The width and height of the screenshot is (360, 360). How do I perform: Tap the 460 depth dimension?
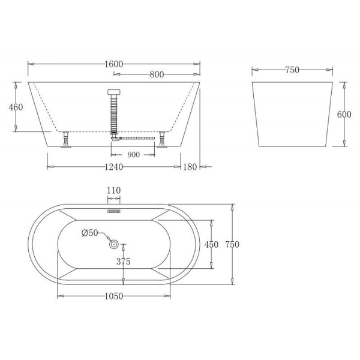point(16,107)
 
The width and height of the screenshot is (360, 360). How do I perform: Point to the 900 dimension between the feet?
point(133,155)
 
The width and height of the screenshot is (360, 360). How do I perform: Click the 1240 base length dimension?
point(114,166)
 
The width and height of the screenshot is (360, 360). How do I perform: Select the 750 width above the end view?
point(292,70)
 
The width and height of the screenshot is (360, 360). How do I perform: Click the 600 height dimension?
point(344,115)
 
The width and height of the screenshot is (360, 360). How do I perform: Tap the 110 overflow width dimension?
point(114,191)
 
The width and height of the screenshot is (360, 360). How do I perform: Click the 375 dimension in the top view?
point(124,262)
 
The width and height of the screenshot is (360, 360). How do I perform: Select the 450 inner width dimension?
point(211,245)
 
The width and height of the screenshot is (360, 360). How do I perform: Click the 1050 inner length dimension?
point(114,296)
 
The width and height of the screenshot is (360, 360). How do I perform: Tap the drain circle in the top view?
point(114,244)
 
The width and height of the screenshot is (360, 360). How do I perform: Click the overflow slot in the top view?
point(114,211)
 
